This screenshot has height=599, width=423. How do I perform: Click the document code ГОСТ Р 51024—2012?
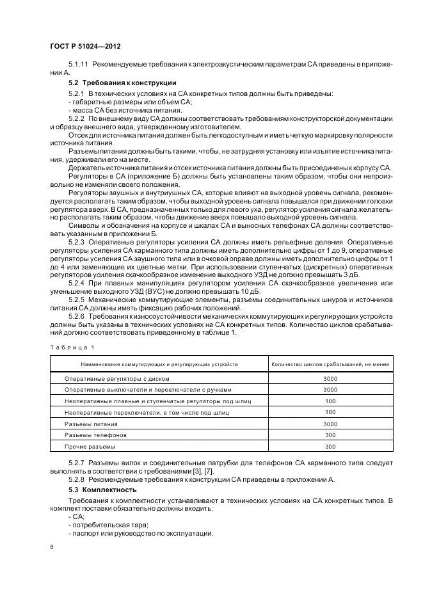pos(84,47)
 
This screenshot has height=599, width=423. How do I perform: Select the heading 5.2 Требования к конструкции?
pos(122,83)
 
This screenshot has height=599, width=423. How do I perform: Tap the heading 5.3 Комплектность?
pos(104,490)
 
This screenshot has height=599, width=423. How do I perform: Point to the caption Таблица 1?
pos(72,347)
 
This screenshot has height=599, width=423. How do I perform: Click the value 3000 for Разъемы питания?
pos(330,424)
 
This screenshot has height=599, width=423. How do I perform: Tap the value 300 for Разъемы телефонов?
pos(330,435)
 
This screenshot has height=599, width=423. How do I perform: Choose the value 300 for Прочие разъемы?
pos(330,446)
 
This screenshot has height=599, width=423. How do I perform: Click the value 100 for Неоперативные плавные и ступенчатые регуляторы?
pos(330,401)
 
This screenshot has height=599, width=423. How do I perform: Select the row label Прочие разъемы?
pos(90,446)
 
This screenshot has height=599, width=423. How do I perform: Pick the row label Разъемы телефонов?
pos(95,435)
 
